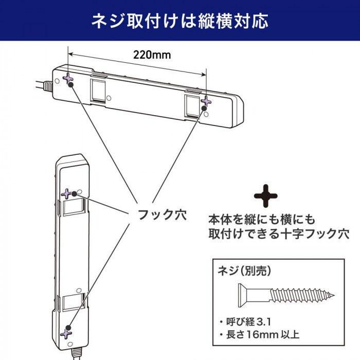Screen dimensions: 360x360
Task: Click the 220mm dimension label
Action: click(152, 55)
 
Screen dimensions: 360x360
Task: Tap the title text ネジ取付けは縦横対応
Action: click(180, 21)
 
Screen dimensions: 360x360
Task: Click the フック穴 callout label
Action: click(162, 214)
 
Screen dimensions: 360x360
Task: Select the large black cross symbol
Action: click(266, 196)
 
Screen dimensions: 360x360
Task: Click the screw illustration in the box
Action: click(286, 295)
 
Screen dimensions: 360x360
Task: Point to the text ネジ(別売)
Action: click(244, 271)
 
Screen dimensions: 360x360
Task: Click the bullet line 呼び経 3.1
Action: click(245, 322)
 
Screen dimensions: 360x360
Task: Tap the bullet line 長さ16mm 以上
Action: click(260, 335)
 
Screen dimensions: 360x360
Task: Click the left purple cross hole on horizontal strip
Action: click(68, 78)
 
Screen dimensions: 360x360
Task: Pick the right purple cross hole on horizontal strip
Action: click(206, 101)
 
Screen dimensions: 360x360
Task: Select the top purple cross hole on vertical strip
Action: click(66, 194)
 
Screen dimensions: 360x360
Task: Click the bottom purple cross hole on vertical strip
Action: click(66, 334)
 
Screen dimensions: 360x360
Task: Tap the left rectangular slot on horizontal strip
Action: click(98, 91)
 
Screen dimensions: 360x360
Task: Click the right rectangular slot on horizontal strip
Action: click(192, 106)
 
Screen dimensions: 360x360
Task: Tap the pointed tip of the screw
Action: click(334, 296)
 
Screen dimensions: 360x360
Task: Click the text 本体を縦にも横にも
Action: click(262, 220)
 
